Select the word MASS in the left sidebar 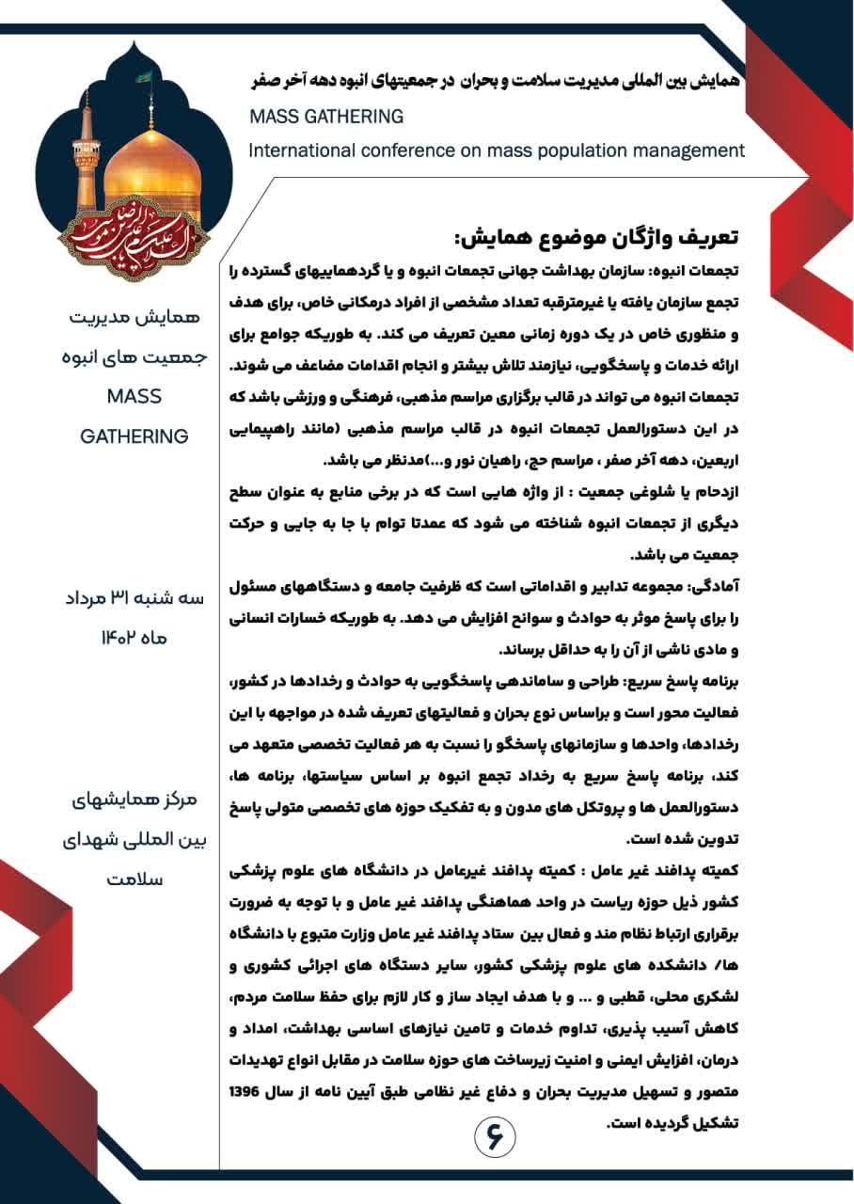tap(134, 396)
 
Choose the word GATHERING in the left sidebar tap(134, 436)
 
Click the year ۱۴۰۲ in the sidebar tap(119, 637)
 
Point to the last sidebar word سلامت tap(134, 879)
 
